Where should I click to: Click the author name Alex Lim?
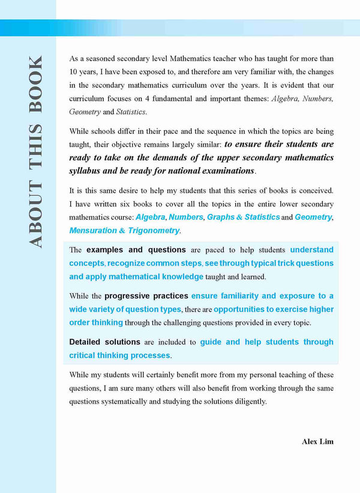pos(317,441)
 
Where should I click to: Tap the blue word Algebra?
pos(151,217)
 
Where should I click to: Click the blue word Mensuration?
pos(93,231)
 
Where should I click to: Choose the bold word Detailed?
pos(89,342)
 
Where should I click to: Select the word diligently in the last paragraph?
pos(250,401)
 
